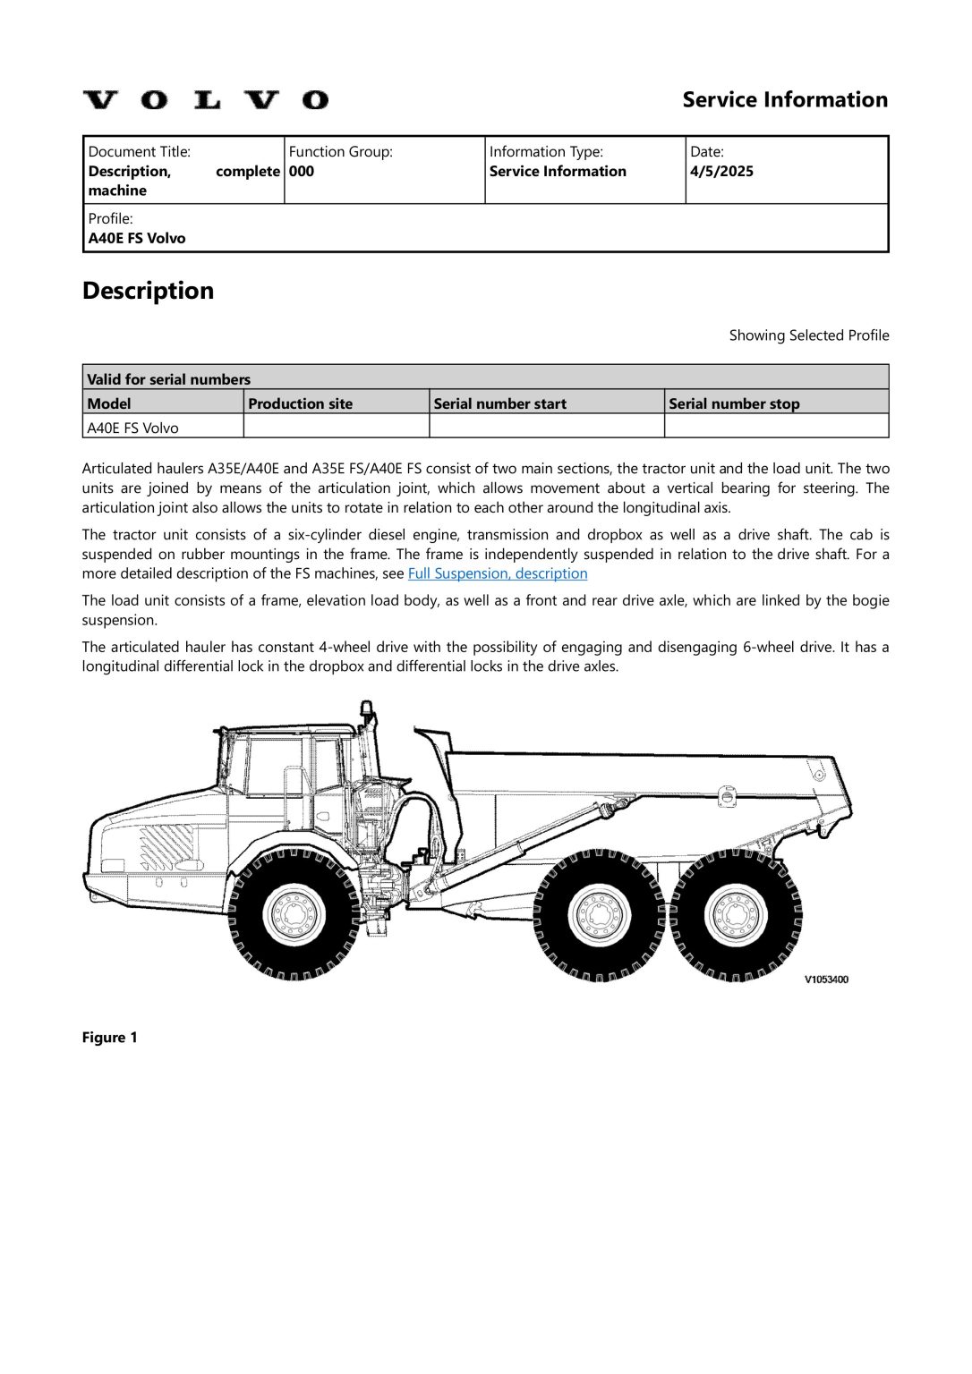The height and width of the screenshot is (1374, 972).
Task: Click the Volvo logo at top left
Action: point(206,99)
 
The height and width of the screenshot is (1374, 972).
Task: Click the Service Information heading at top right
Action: point(784,99)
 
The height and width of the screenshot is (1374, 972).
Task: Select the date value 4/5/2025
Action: point(721,172)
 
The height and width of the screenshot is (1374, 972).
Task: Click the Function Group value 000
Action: point(302,172)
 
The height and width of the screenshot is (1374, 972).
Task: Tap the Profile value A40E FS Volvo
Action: point(137,239)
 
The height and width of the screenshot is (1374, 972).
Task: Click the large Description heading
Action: point(149,291)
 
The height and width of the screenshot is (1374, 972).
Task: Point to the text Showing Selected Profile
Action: point(808,335)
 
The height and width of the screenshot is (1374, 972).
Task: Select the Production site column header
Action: point(301,403)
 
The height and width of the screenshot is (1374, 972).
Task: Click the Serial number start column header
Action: point(499,403)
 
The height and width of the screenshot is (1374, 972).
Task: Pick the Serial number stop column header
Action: point(734,403)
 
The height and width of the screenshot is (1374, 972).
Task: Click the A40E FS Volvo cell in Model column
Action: point(132,428)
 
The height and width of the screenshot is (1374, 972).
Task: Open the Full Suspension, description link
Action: point(498,573)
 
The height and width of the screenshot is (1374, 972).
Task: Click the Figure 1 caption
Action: point(109,1038)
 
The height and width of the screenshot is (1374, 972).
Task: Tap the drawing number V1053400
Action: point(825,980)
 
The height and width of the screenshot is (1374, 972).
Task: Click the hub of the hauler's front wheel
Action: point(294,913)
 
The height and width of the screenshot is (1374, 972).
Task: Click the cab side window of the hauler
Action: point(275,766)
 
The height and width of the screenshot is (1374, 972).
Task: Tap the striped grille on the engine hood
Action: point(167,846)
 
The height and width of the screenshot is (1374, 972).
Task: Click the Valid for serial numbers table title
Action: point(169,379)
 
